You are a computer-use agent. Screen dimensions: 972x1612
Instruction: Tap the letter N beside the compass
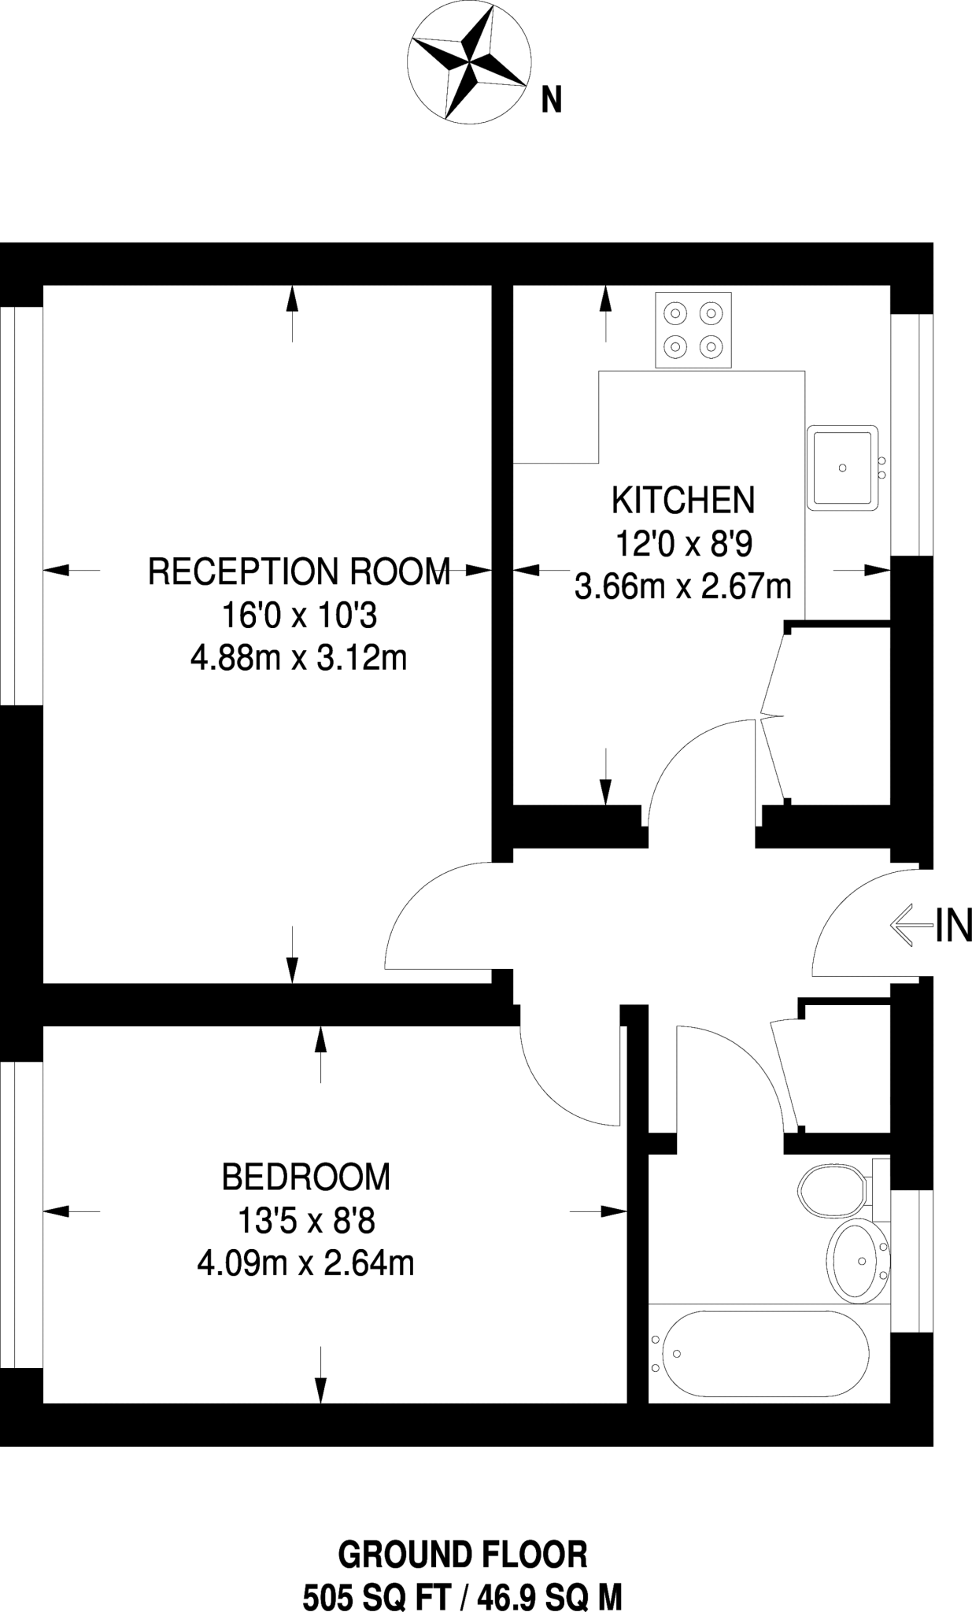tap(551, 100)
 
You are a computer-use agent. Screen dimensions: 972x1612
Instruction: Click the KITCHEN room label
tap(683, 501)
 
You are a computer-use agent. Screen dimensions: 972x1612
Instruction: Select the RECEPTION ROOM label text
tap(299, 571)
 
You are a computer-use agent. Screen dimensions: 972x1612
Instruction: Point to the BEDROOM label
tap(306, 1177)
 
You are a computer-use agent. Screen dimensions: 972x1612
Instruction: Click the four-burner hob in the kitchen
tap(693, 330)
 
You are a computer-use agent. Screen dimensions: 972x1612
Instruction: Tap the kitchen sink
tap(843, 468)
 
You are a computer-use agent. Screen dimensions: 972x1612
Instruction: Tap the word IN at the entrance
tap(953, 926)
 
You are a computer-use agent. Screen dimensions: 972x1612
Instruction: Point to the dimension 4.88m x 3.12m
tap(299, 657)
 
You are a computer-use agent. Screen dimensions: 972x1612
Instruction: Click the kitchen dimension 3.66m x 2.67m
tap(683, 586)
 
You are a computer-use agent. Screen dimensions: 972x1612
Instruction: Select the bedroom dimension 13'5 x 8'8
tap(306, 1221)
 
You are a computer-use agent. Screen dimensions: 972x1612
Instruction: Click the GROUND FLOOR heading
tap(463, 1555)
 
